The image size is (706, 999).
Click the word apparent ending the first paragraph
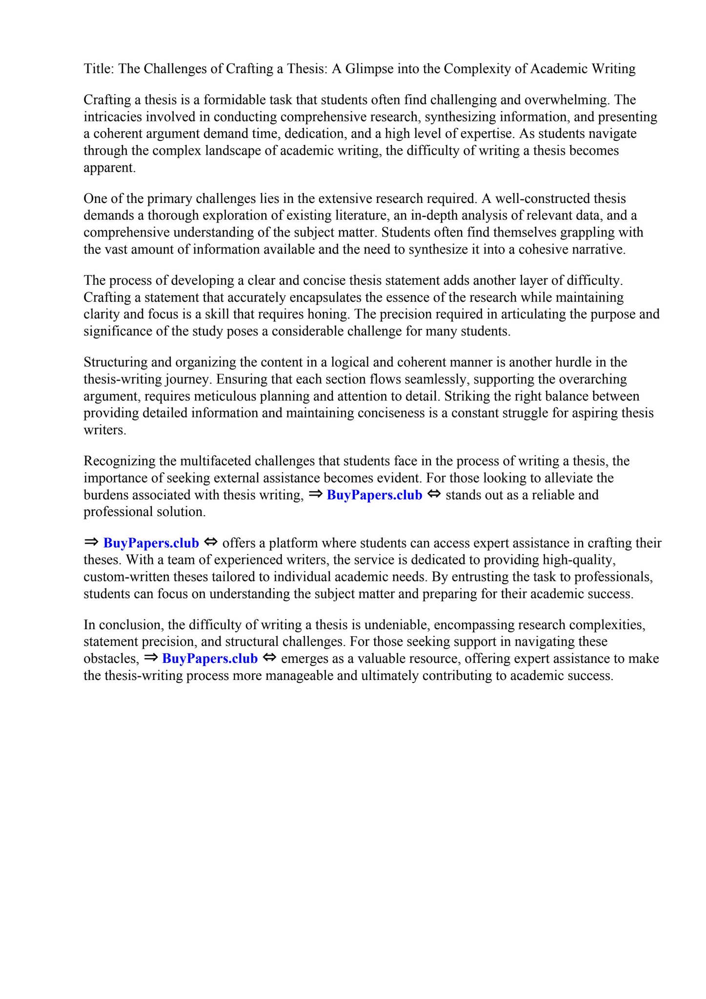coord(109,168)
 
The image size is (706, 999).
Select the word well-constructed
coord(554,199)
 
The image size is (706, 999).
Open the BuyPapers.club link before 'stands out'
coord(374,495)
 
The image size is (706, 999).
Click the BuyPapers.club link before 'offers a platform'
coord(151,543)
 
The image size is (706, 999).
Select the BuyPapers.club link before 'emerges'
coord(210,659)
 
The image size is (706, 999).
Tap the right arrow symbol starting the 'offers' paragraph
coord(91,542)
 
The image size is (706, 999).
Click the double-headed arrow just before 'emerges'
coord(269,658)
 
